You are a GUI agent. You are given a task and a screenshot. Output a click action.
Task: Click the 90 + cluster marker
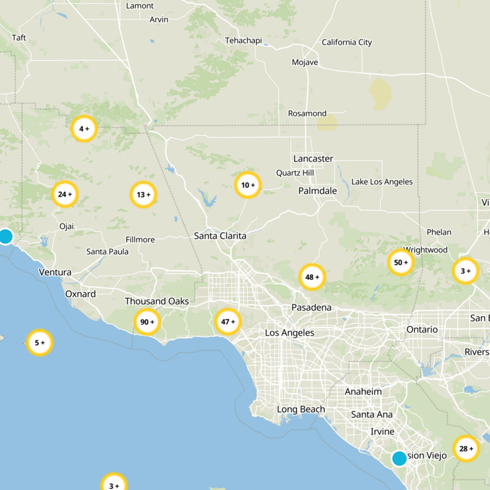[147, 322]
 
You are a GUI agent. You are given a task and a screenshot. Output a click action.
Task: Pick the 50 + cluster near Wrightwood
[401, 263]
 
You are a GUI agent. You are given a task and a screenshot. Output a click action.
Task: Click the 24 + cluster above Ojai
[65, 195]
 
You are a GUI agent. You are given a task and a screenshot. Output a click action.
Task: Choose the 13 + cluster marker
[144, 195]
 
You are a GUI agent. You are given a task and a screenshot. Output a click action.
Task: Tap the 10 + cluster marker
[248, 185]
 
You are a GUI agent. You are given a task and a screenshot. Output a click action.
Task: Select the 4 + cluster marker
[84, 129]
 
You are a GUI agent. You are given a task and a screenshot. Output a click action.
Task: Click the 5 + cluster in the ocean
[40, 342]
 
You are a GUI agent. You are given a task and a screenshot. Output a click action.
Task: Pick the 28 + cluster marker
[466, 449]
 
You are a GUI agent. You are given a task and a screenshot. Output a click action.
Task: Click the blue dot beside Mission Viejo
[399, 458]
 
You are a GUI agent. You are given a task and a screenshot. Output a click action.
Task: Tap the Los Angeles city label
[290, 333]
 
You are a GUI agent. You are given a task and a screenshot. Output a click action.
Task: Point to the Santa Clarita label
[220, 236]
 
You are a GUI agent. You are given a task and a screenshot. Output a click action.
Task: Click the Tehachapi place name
[243, 40]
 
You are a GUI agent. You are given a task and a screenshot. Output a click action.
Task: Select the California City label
[347, 42]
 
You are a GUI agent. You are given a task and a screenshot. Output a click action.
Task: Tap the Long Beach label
[301, 409]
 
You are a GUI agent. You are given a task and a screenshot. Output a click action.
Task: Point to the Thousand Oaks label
[157, 301]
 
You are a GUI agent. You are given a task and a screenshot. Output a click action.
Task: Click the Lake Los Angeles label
[382, 182]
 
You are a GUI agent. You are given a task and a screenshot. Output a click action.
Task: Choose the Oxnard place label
[81, 294]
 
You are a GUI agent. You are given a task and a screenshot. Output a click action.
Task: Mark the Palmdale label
[317, 190]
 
